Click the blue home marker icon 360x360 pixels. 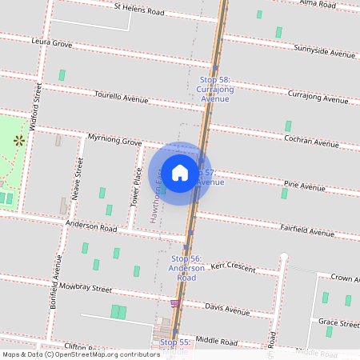coord(180,172)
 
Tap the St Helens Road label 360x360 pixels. coord(138,10)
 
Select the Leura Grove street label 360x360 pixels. coord(51,41)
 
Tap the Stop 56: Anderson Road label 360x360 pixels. coord(186,268)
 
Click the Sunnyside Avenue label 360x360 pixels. coord(324,53)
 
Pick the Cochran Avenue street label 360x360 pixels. coord(311,141)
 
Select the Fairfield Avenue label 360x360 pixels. coord(308,231)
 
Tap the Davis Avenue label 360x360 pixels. coord(227,308)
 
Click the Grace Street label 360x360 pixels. coord(338,323)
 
